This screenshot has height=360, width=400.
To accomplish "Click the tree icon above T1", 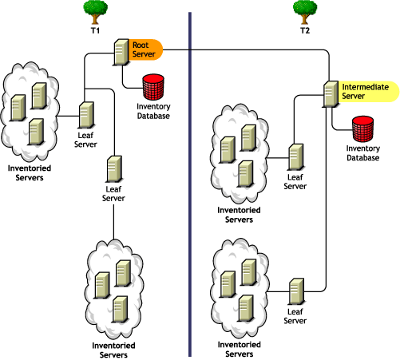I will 95,11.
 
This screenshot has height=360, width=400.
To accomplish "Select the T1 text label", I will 95,30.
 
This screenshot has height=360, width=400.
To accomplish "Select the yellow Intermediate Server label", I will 364,90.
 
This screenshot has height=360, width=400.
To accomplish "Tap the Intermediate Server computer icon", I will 331,93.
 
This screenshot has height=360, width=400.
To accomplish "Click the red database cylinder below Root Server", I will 152,85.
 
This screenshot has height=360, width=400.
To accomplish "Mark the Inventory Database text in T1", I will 152,110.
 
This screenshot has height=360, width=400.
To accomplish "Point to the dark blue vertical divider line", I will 190,184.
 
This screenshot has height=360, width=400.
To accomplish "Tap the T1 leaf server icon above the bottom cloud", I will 114,169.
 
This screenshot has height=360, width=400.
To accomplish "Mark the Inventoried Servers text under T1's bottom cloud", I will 112,350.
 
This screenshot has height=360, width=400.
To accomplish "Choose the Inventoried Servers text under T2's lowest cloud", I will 238,349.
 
